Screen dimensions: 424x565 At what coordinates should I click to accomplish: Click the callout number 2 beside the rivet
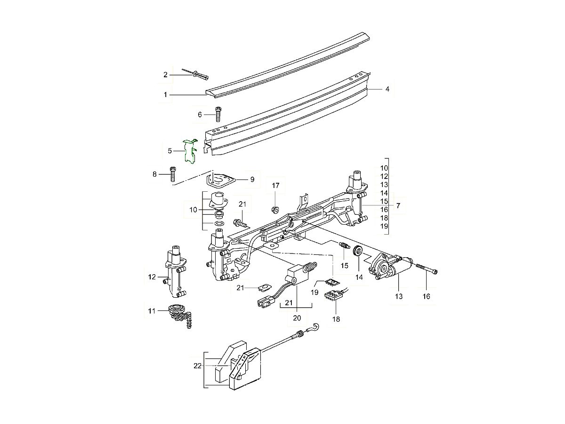[x=165, y=74]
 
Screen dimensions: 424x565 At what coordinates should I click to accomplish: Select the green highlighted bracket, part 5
[x=190, y=151]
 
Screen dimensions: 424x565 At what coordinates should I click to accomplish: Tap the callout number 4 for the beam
[x=387, y=89]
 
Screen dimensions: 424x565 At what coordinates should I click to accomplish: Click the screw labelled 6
[x=218, y=114]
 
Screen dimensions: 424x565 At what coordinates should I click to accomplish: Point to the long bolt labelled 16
[x=427, y=269]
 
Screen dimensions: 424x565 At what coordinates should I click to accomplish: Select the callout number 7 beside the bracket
[x=398, y=205]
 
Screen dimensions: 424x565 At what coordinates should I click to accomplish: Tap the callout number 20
[x=297, y=318]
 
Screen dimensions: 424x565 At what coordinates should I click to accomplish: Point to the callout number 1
[x=165, y=95]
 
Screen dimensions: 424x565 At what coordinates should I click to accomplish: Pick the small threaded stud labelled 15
[x=343, y=245]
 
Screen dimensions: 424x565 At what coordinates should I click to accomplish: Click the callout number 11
[x=151, y=311]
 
